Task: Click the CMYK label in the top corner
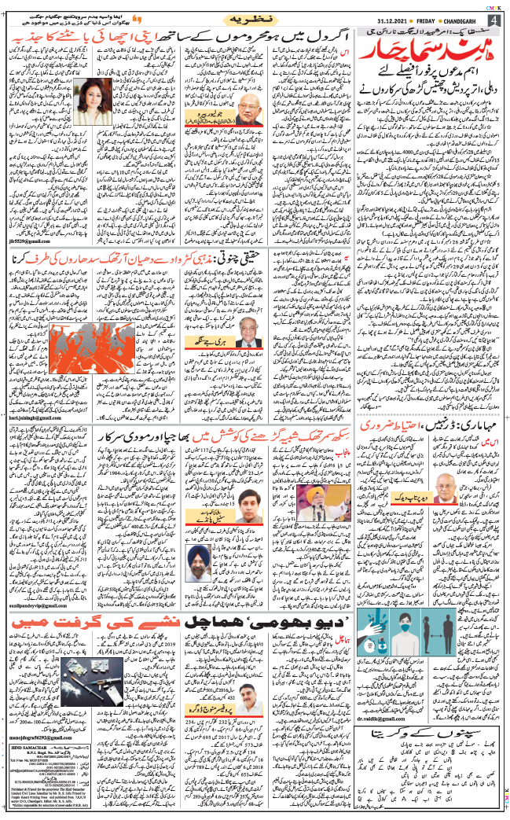pyautogui.click(x=497, y=5)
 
